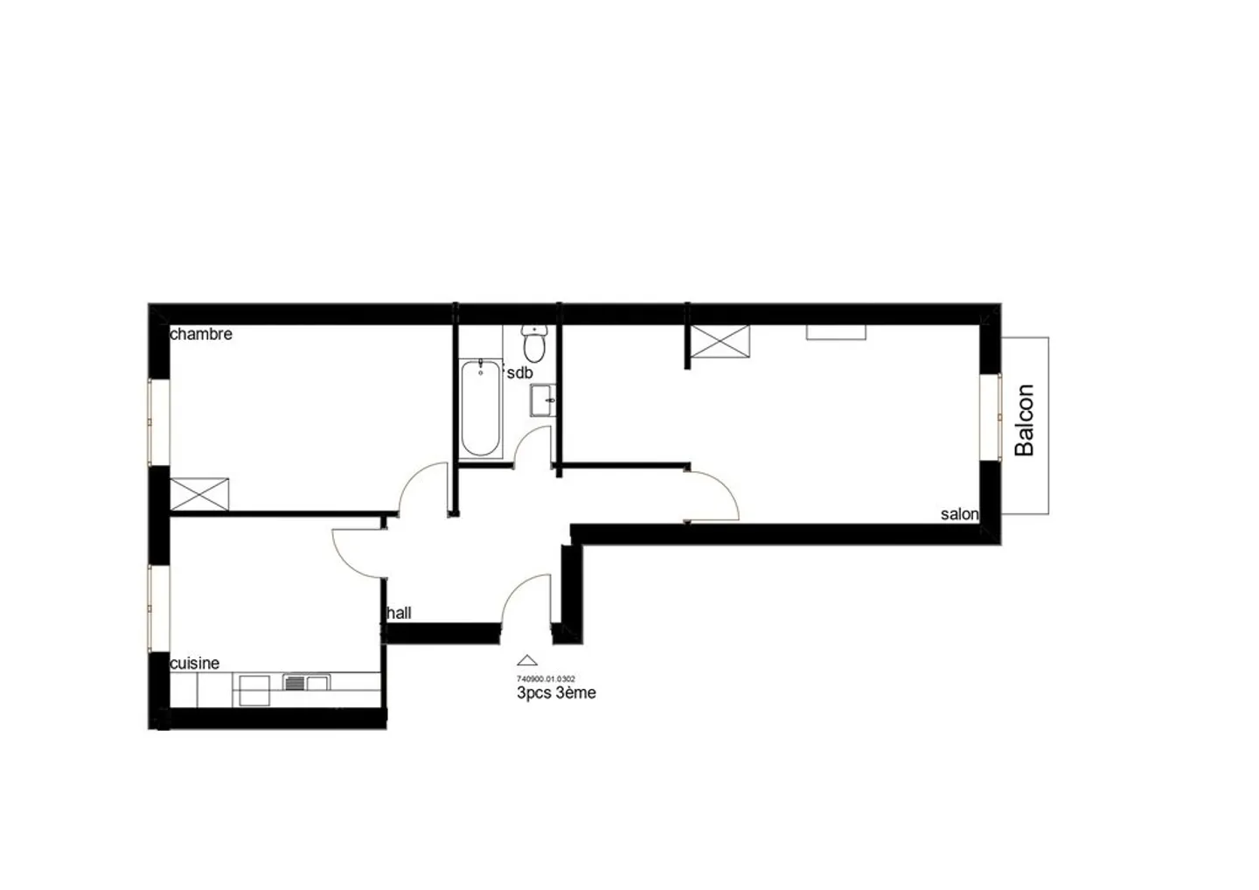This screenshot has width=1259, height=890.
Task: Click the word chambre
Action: (x=201, y=334)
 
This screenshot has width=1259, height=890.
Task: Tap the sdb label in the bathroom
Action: (x=519, y=372)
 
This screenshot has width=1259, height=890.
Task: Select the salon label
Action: (x=959, y=514)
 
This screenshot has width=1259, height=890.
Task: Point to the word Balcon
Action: (x=1024, y=421)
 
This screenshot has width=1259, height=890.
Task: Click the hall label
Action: (x=399, y=613)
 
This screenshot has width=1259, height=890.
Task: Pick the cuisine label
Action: (x=194, y=664)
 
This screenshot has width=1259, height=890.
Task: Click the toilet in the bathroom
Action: (x=534, y=344)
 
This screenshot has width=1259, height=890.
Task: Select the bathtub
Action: (x=481, y=408)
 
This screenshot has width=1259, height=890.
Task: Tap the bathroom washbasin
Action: (x=543, y=400)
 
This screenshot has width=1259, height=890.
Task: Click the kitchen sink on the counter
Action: (x=306, y=683)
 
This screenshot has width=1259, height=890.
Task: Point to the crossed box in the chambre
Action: (x=199, y=495)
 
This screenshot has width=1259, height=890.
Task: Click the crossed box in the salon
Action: (x=720, y=341)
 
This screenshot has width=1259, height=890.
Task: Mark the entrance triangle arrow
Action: (x=526, y=660)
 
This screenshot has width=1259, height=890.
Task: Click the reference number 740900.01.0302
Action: (x=546, y=678)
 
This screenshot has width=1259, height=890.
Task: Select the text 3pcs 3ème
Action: (x=556, y=692)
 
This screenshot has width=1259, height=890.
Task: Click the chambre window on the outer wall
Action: (x=158, y=422)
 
